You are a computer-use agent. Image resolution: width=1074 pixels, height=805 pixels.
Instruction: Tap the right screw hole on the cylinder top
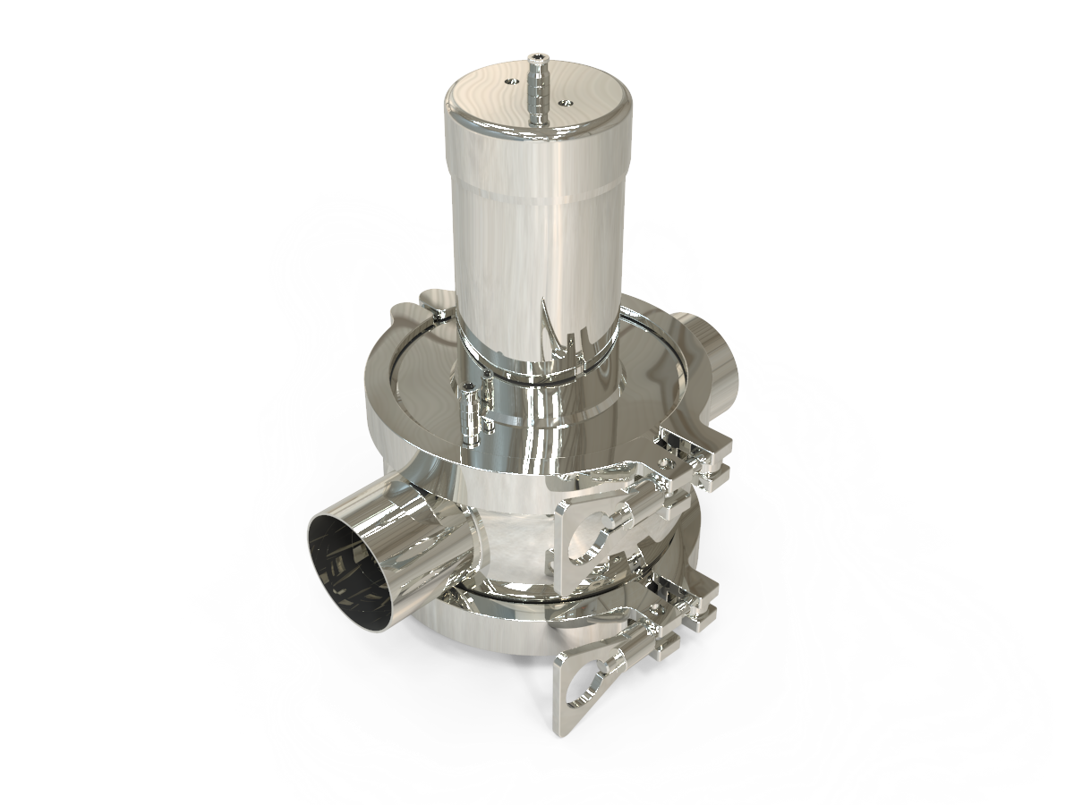(x=564, y=103)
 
